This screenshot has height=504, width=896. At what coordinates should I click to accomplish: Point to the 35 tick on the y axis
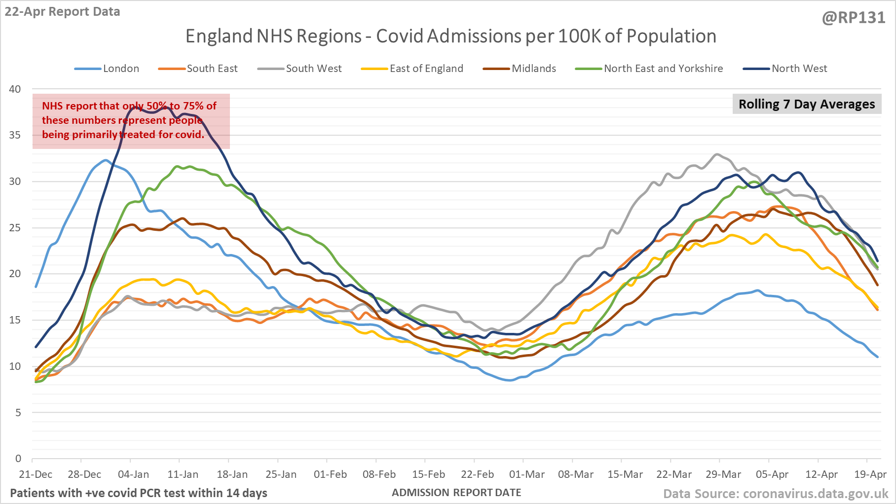(15, 135)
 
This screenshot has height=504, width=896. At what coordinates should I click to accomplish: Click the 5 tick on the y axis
(18, 413)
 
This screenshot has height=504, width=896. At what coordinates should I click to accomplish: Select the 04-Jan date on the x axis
(133, 474)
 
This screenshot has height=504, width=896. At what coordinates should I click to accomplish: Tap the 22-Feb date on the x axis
(477, 474)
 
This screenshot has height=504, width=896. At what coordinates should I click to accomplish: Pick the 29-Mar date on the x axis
(723, 474)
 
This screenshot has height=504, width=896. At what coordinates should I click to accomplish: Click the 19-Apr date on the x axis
(870, 474)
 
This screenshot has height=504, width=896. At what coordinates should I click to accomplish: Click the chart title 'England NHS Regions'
(450, 36)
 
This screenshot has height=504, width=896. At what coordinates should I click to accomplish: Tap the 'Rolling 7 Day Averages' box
(807, 104)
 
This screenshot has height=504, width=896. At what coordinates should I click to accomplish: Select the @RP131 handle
(854, 18)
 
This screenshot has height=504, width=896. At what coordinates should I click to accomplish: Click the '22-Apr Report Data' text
(63, 12)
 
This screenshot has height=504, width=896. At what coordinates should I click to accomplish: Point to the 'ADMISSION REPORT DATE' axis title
(456, 493)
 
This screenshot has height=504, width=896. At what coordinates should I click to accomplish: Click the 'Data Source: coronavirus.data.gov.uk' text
(776, 494)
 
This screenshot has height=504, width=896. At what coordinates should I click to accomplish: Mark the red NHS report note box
(131, 121)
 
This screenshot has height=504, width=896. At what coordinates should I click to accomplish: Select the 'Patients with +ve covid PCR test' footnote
(139, 493)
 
